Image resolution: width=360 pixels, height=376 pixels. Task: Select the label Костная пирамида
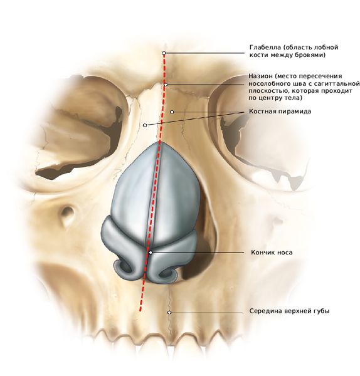[280, 112]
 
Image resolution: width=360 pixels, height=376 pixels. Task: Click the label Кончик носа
[272, 253]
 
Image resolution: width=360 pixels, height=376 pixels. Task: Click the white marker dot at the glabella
[164, 53]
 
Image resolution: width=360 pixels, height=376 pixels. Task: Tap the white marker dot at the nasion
[166, 85]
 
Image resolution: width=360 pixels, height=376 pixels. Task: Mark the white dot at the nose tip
[151, 253]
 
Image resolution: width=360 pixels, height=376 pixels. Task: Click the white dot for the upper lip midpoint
[169, 313]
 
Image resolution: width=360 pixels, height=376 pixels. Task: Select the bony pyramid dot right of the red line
[172, 112]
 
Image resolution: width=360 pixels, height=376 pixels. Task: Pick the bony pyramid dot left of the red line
[145, 125]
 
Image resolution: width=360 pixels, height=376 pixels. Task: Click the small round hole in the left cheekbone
[68, 212]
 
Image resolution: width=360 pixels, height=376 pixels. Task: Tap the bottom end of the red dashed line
[140, 311]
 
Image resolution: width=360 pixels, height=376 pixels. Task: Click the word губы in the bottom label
[321, 311]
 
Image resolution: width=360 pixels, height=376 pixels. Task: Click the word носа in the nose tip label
[285, 253]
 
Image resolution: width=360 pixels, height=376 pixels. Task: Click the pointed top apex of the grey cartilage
[159, 142]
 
